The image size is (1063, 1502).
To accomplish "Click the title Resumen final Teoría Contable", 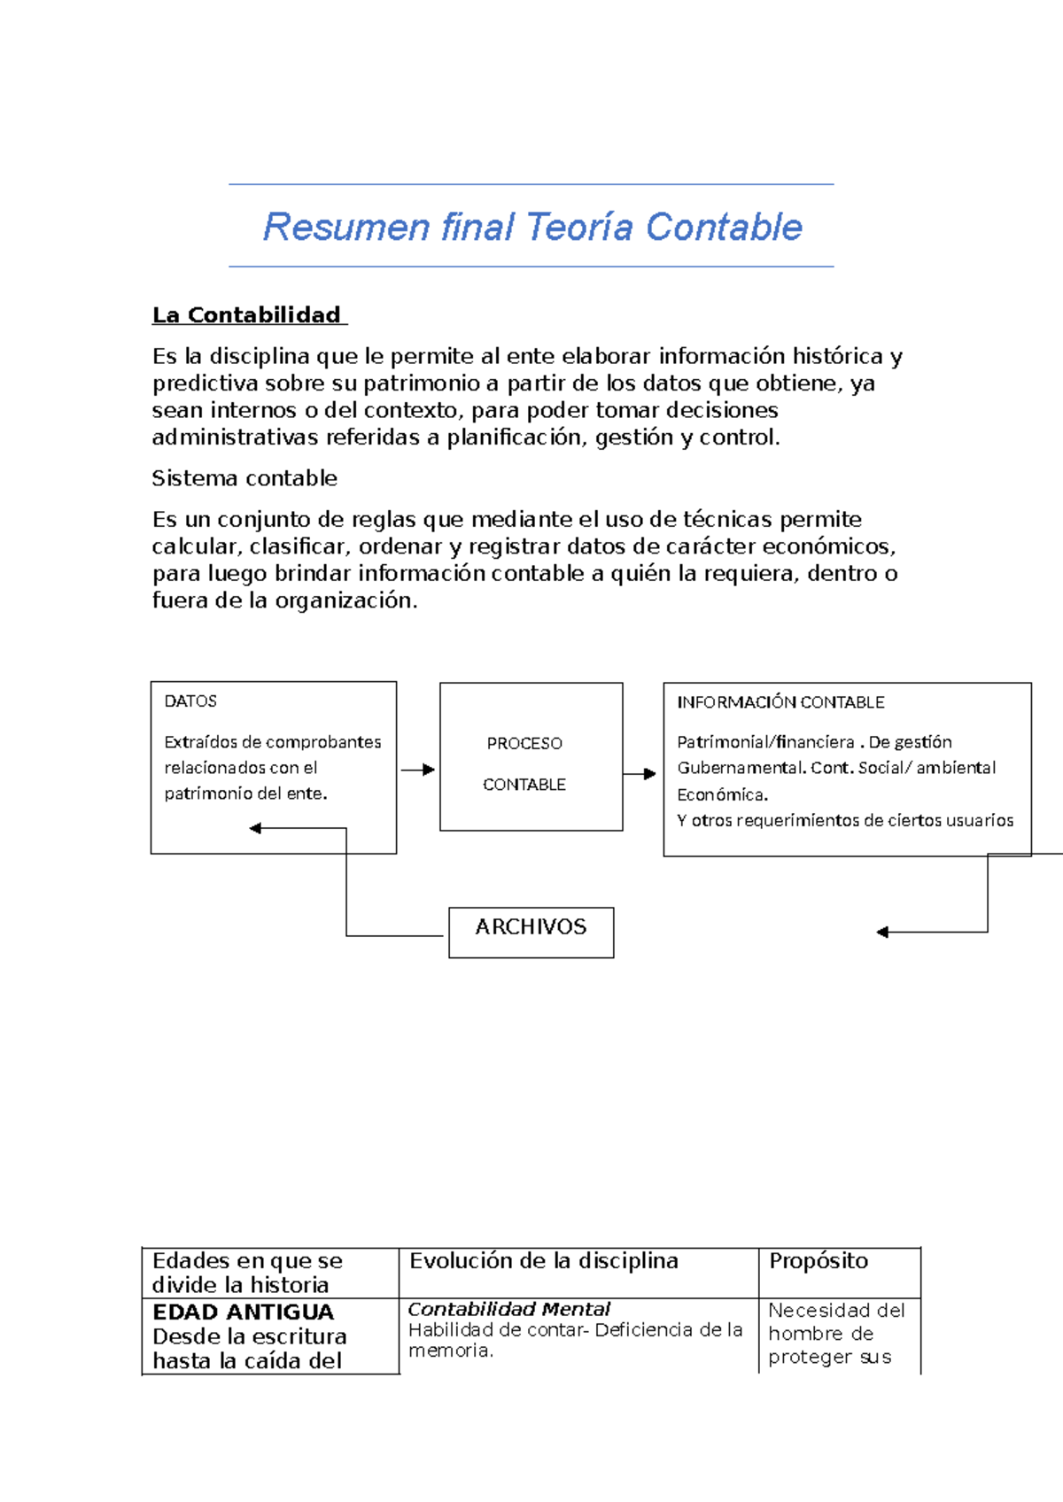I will [x=532, y=227].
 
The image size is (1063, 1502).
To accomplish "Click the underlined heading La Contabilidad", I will [x=247, y=315].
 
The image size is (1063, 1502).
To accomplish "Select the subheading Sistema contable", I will [x=244, y=478].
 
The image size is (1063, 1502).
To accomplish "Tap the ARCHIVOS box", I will [x=531, y=931].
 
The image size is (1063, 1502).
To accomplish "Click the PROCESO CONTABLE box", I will [x=531, y=757].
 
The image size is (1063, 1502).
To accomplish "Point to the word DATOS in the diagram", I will [x=190, y=701].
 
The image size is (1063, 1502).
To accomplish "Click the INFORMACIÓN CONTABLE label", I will [x=780, y=702].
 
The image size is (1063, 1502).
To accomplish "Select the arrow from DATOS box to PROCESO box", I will [x=417, y=770].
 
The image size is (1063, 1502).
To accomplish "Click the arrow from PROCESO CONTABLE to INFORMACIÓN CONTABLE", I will [x=640, y=774].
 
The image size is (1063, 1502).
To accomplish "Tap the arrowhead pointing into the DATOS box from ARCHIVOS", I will [x=255, y=829].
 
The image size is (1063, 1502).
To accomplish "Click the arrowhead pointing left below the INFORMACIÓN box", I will [x=882, y=932].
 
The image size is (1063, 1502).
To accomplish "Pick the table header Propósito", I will [x=819, y=1261].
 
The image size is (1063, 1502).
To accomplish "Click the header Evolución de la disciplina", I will [x=544, y=1261].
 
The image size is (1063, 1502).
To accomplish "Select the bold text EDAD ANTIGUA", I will [x=244, y=1312].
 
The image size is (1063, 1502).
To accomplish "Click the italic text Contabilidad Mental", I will [x=509, y=1309].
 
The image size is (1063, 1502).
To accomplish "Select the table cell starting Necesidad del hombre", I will [x=836, y=1334].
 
